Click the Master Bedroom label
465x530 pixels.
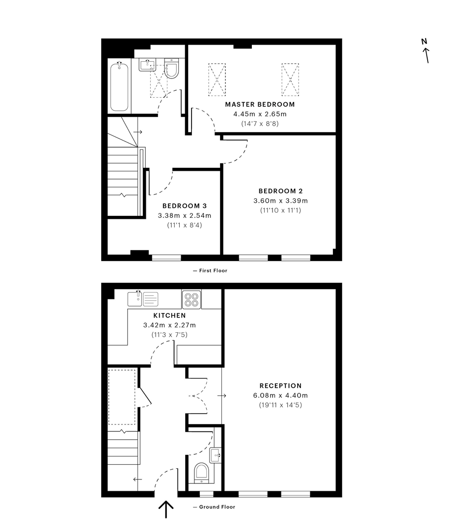tap(260, 105)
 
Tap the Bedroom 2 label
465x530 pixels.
tap(281, 191)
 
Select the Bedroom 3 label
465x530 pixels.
tap(184, 206)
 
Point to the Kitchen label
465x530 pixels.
tap(169, 316)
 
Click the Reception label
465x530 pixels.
tap(281, 386)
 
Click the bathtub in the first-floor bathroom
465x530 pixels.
tap(119, 87)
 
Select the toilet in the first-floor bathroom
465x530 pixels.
tap(171, 69)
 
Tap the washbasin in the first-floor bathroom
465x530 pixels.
tap(147, 65)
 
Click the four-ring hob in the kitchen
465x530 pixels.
tap(191, 299)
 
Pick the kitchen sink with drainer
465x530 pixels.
tap(143, 299)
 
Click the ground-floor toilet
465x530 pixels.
tap(201, 473)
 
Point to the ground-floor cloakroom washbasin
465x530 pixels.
tap(216, 455)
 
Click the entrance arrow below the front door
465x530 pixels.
tap(166, 509)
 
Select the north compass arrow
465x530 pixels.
tap(426, 55)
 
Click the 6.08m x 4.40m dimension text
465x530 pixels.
tap(281, 396)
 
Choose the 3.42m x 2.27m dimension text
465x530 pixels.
tap(169, 325)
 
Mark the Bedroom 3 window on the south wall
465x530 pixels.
tap(166, 258)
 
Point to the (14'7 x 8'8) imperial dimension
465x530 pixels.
tap(260, 124)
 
